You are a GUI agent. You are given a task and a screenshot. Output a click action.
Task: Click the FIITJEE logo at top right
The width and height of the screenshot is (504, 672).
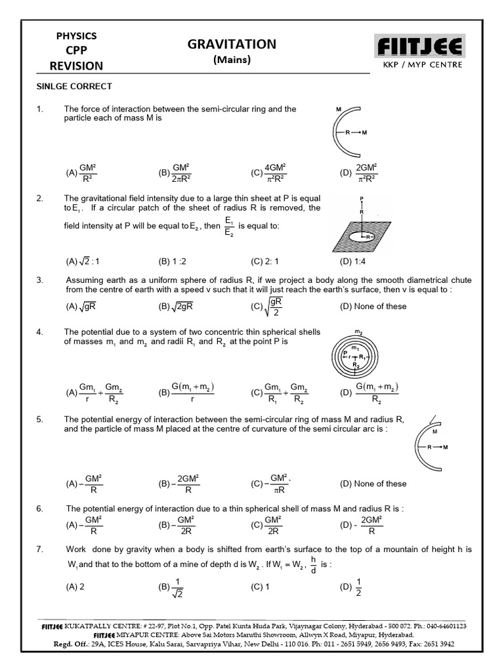[419, 46]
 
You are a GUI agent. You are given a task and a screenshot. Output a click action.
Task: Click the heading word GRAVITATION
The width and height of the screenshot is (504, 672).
[232, 44]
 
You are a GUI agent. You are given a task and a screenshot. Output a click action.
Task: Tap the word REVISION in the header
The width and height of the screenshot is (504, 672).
[76, 66]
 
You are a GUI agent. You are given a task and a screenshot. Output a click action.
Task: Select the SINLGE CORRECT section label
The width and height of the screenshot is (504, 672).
[74, 87]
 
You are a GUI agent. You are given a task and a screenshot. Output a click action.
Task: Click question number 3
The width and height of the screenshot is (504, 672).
[40, 280]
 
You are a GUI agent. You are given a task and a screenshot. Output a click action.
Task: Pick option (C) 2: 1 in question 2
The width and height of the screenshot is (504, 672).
[264, 261]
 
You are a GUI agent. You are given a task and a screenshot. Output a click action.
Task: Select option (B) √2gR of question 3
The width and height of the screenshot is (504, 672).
[175, 306]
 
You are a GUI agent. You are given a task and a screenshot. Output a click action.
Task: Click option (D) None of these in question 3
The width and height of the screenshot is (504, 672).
[373, 306]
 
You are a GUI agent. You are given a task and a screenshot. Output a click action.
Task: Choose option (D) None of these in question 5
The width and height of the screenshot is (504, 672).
[373, 484]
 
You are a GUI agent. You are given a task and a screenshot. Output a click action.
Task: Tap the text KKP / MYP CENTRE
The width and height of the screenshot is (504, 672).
[419, 64]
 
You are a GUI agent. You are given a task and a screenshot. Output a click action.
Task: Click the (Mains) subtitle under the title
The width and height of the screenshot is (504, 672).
[232, 60]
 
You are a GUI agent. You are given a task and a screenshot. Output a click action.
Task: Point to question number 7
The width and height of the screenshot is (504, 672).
[40, 549]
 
